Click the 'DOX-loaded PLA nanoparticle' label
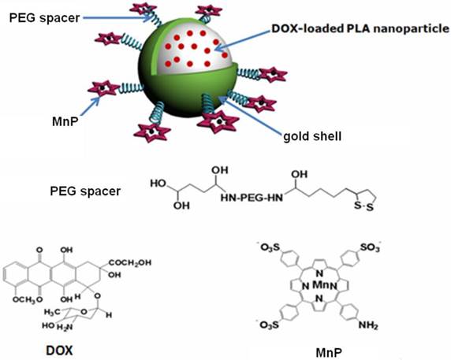(x=360, y=28)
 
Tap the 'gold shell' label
(x=312, y=136)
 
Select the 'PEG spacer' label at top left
(x=45, y=18)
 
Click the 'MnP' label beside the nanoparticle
(x=65, y=121)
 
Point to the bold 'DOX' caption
(x=59, y=351)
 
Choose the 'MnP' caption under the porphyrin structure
(x=329, y=352)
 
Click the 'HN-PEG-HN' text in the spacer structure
(x=252, y=198)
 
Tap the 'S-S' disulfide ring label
(x=363, y=206)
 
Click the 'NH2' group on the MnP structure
(x=368, y=325)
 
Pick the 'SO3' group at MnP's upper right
(x=371, y=247)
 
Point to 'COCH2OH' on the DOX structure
(x=130, y=262)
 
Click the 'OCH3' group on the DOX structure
(x=25, y=299)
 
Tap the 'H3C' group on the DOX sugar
(x=52, y=311)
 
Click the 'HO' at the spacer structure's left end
(x=158, y=183)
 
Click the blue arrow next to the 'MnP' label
(x=90, y=106)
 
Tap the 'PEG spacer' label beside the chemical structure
(x=85, y=191)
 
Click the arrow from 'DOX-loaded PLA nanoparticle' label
(x=243, y=40)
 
